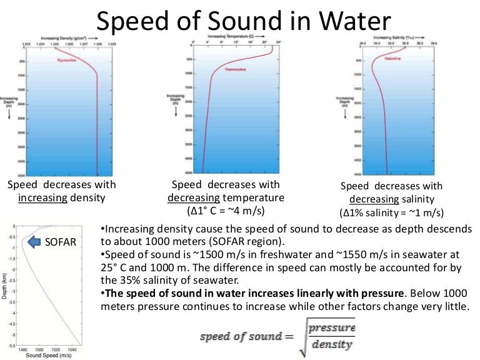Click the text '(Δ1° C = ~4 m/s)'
[226, 211]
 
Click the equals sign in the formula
[287, 337]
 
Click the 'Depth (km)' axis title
[6, 285]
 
